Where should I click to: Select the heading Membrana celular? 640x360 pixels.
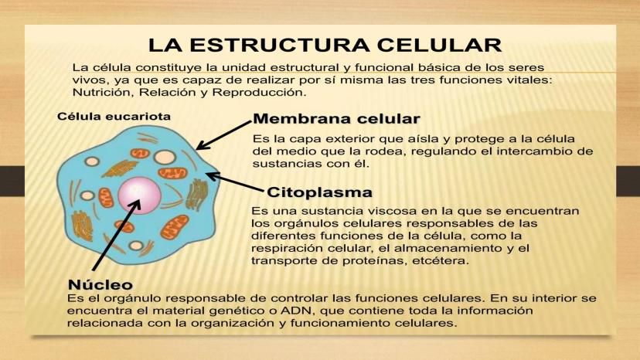336,119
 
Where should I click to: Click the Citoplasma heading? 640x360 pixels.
319,192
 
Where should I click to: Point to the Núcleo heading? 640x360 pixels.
100,283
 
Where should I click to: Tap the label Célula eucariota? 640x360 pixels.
114,117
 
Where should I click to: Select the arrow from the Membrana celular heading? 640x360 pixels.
223,134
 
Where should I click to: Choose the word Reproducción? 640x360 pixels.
260,92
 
